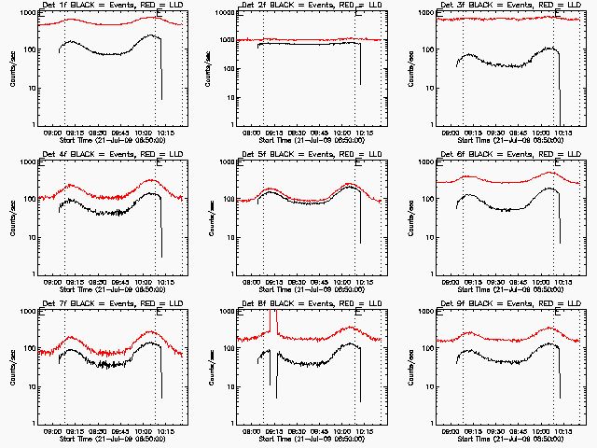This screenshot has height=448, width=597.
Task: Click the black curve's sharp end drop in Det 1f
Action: tap(160, 75)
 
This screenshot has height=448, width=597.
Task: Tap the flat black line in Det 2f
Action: tap(308, 43)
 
